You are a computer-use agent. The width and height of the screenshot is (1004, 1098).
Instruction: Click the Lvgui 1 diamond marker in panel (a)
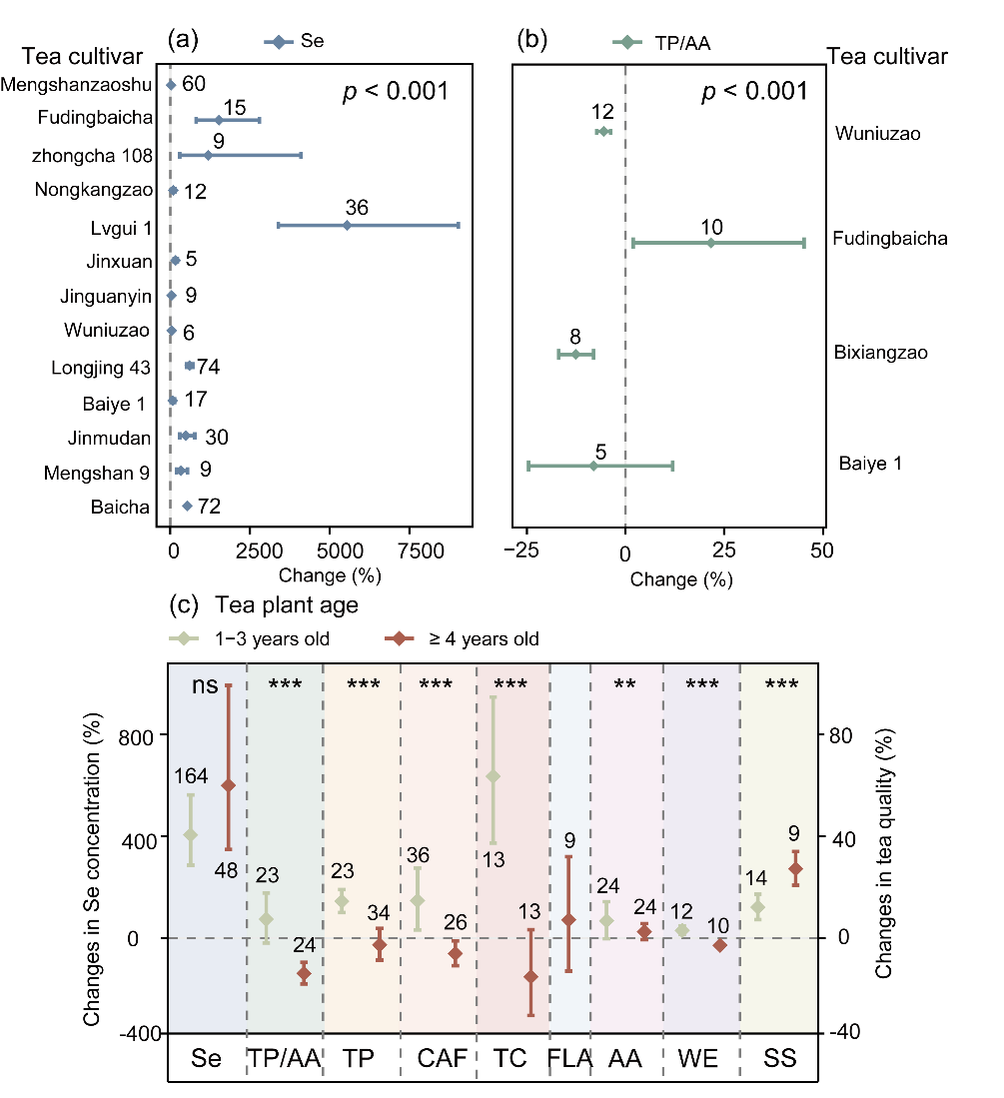point(347,226)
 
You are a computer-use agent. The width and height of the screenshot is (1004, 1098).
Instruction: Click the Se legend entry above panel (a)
point(296,42)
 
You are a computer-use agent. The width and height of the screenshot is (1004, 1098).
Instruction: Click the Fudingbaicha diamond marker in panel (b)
point(710,243)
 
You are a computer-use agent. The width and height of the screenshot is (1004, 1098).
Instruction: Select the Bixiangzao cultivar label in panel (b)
point(880,353)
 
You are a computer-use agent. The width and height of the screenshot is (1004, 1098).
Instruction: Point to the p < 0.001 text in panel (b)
point(753,92)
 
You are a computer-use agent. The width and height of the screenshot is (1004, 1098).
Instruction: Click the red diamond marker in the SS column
point(795,869)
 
